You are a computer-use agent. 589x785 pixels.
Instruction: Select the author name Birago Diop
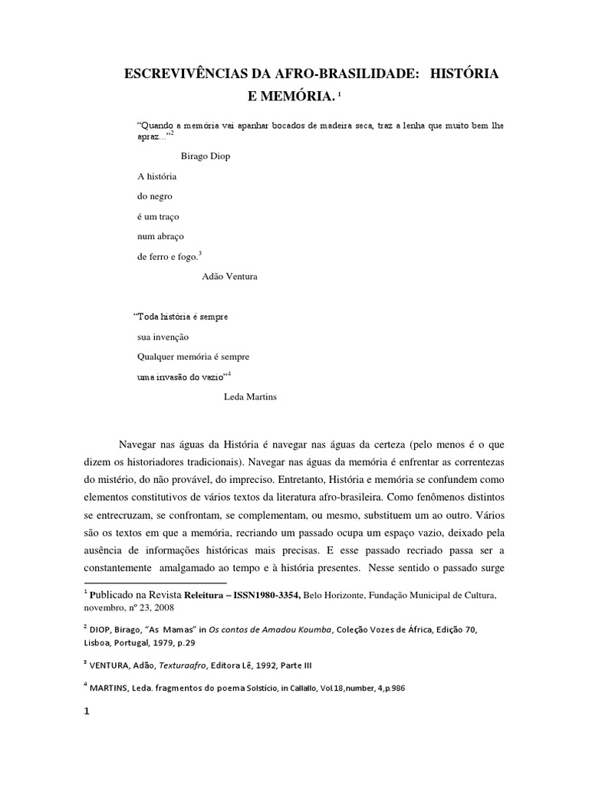pyautogui.click(x=206, y=156)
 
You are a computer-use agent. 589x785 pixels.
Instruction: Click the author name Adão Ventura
pyautogui.click(x=230, y=276)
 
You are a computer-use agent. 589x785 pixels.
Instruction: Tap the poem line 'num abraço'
pyautogui.click(x=160, y=237)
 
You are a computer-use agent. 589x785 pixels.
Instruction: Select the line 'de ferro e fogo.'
pyautogui.click(x=167, y=257)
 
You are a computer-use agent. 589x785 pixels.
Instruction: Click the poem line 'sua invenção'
pyautogui.click(x=163, y=337)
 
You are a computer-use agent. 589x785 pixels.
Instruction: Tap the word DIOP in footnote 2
pyautogui.click(x=100, y=629)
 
